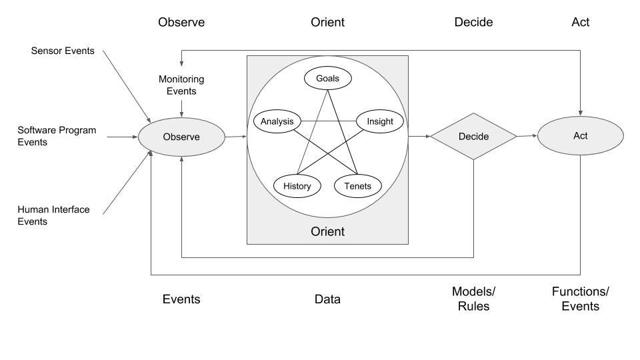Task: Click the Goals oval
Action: point(327,79)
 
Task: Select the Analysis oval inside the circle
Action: point(277,121)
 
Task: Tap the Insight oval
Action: point(380,121)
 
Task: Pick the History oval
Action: point(297,186)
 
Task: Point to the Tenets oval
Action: point(358,186)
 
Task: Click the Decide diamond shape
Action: point(473,137)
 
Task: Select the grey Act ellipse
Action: point(580,136)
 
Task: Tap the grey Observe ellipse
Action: point(181,137)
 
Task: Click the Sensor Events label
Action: point(63,51)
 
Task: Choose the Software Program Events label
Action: point(57,136)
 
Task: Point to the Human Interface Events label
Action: point(53,215)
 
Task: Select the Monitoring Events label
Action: point(181,85)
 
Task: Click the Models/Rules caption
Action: point(473,299)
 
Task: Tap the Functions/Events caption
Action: point(580,299)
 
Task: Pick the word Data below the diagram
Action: point(327,299)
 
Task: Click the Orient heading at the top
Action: point(327,22)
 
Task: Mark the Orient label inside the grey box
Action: point(327,232)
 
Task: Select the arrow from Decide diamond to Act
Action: point(527,136)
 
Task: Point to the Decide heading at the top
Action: point(473,22)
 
